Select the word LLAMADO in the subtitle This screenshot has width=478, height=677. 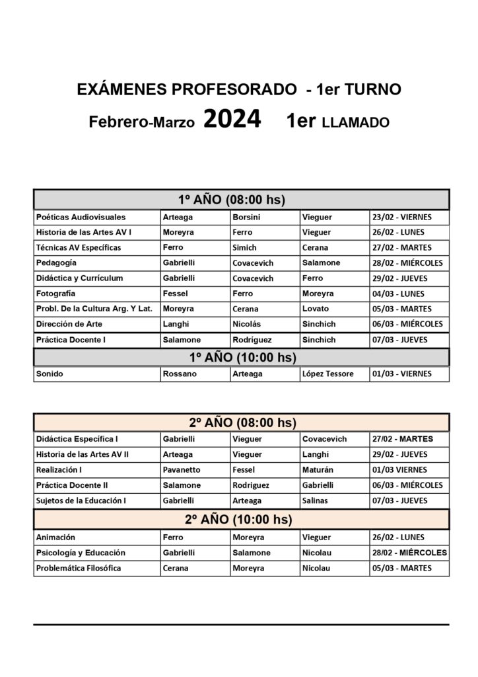coord(356,122)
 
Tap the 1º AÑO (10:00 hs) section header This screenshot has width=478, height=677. coord(241,357)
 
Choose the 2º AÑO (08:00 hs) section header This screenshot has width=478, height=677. coord(241,422)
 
